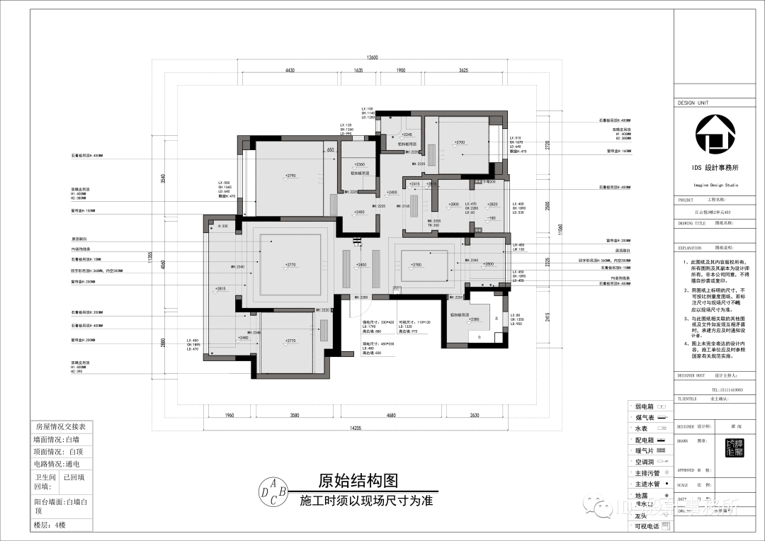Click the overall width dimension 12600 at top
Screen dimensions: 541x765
pyautogui.click(x=373, y=58)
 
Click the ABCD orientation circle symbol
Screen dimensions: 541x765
pyautogui.click(x=273, y=491)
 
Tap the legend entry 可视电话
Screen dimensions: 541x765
pyautogui.click(x=647, y=526)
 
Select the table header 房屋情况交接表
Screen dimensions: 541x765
pyautogui.click(x=60, y=427)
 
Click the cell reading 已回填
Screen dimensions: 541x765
pyautogui.click(x=74, y=477)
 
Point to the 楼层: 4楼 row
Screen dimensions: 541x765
pyautogui.click(x=50, y=525)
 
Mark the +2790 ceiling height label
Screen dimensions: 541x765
pyautogui.click(x=290, y=176)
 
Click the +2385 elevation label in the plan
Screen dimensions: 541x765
pyautogui.click(x=473, y=320)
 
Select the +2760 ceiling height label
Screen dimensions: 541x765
pyautogui.click(x=416, y=265)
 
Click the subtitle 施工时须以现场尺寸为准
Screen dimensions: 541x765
pyautogui.click(x=366, y=500)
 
